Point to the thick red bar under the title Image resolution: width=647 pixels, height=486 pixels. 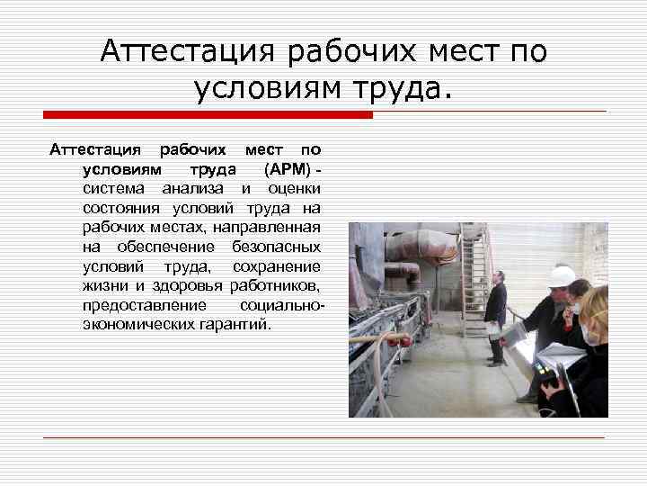click(208, 115)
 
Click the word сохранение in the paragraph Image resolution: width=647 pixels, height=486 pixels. click(276, 266)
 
